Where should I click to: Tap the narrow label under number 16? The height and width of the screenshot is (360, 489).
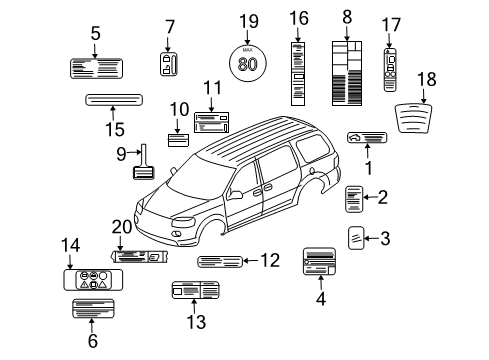(299, 73)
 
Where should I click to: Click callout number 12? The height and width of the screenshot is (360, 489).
(269, 261)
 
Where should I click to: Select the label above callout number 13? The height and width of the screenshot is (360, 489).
(195, 291)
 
